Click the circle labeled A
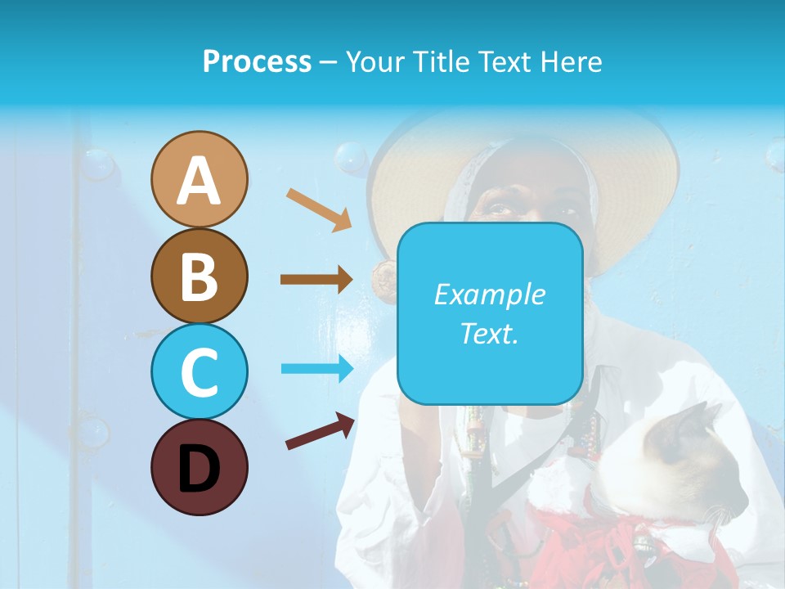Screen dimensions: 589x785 pos(199,180)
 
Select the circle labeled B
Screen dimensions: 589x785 pos(199,276)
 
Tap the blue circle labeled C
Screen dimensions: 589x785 pos(199,371)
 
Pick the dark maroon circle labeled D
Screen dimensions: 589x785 pos(199,467)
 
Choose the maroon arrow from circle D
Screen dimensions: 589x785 pos(320,431)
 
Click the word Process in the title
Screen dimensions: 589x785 pos(257,61)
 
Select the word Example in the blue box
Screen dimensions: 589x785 pos(489,294)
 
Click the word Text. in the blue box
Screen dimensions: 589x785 pos(489,333)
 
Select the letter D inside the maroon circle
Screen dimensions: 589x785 pos(199,469)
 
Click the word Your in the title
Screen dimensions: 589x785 pos(372,61)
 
